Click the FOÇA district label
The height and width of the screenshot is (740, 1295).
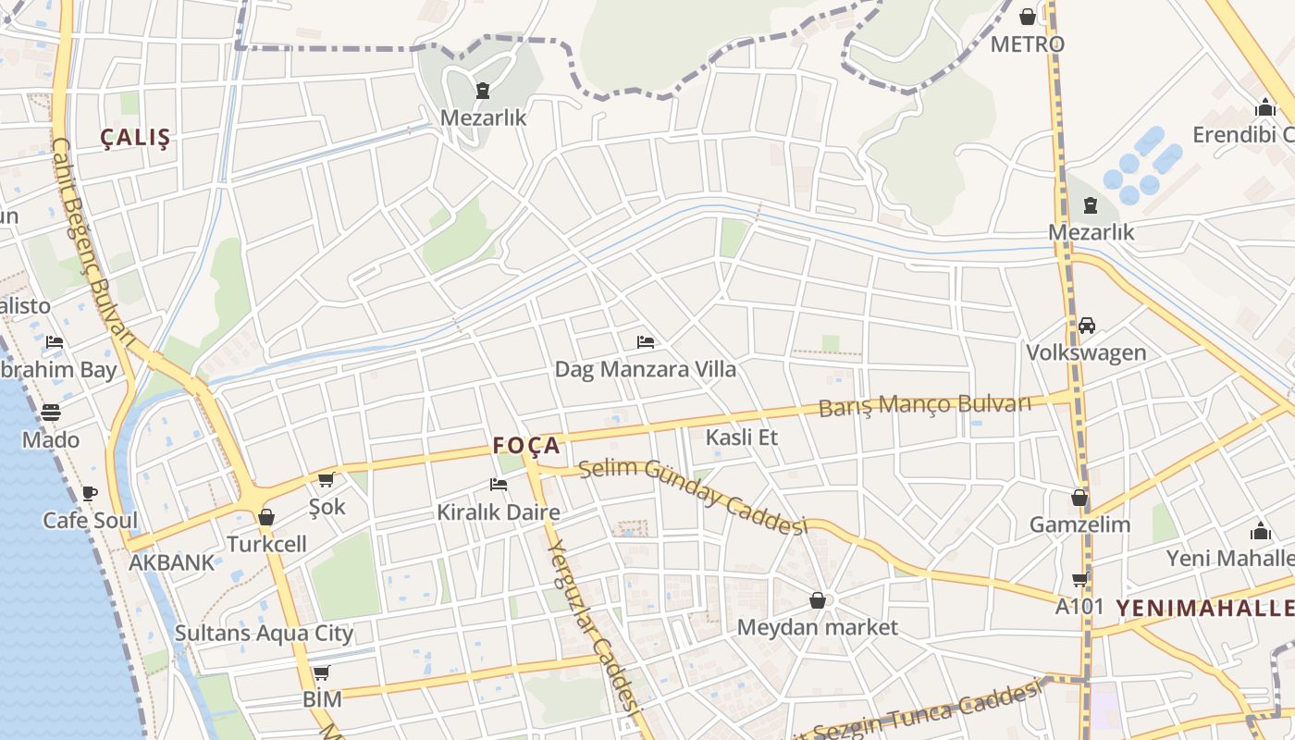coord(526,446)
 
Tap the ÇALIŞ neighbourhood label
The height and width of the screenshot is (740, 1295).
coord(136,138)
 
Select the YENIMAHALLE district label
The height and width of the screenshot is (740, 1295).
coord(1204,608)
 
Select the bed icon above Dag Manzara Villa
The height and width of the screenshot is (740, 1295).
coord(646,342)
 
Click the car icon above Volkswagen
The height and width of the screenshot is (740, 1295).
coord(1086,326)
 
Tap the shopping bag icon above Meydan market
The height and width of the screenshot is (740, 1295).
coord(818,601)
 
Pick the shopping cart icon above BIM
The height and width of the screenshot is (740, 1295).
coord(321,672)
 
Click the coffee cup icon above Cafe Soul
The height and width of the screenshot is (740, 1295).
coord(90,493)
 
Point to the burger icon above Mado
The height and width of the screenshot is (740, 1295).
coord(51,413)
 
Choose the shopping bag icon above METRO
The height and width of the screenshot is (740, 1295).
coord(1027,17)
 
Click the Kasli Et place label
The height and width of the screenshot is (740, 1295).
coord(742,438)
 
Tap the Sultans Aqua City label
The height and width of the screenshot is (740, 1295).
coord(265,634)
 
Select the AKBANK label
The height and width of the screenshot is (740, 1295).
coord(171,562)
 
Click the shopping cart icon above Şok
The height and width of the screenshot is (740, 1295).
coord(326,479)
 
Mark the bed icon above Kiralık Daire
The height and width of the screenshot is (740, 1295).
coord(499,485)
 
